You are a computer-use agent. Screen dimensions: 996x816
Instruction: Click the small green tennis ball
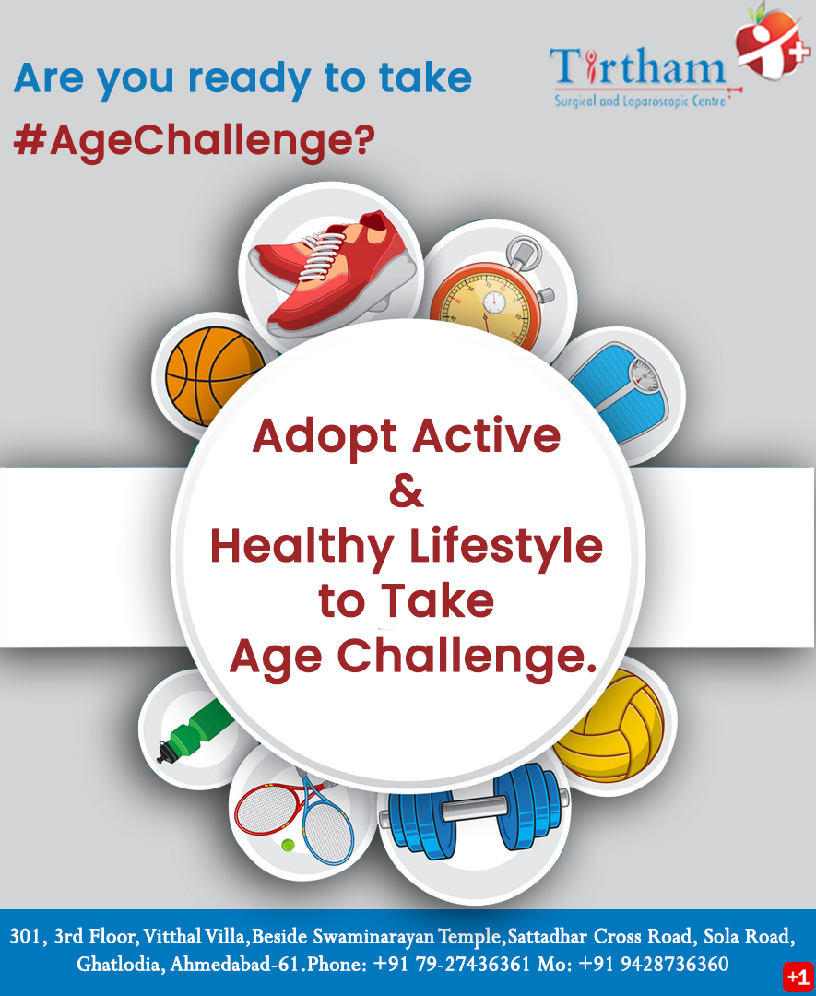click(289, 845)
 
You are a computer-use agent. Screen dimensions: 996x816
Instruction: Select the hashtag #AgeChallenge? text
click(195, 140)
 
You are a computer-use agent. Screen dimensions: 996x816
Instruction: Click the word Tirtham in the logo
click(637, 69)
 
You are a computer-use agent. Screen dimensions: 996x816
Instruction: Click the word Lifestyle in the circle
click(515, 546)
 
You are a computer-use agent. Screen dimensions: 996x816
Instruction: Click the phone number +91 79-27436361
click(452, 965)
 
